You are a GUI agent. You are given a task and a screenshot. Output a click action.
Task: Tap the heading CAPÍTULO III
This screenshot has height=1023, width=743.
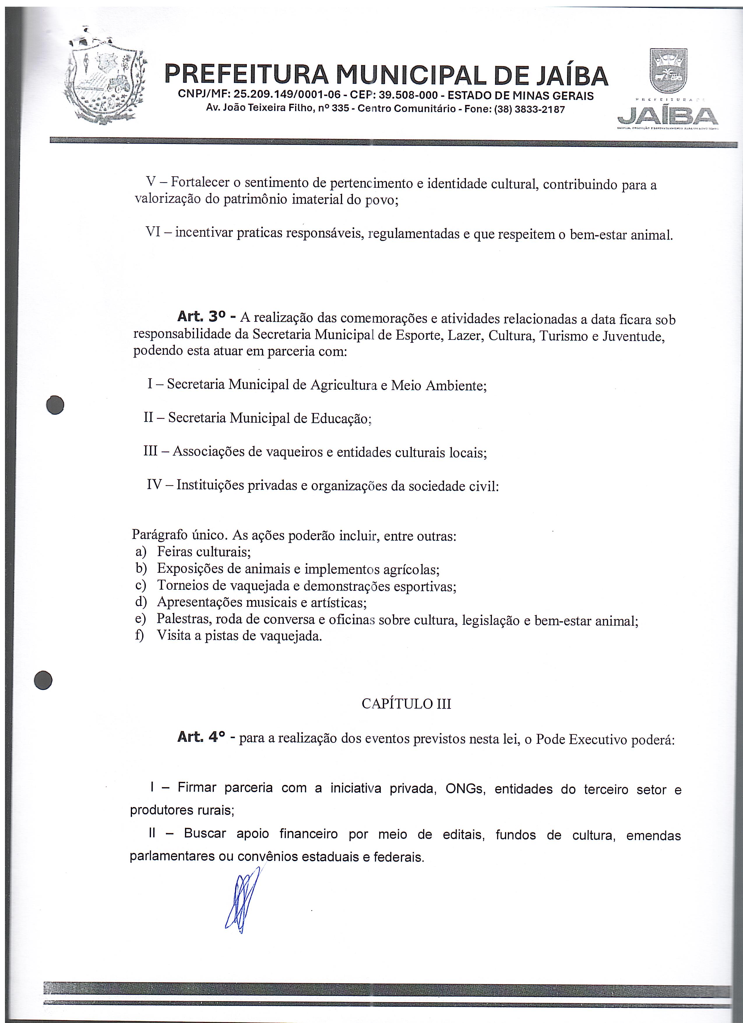[x=406, y=704]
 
